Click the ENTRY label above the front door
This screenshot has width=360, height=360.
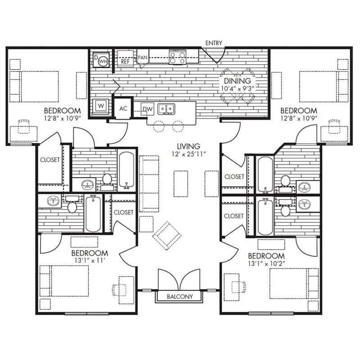(x=214, y=43)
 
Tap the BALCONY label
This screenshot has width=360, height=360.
(x=179, y=296)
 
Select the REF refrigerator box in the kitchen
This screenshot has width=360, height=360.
(x=125, y=59)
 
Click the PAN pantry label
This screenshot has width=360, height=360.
(x=142, y=58)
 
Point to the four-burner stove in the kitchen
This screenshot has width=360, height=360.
(x=177, y=57)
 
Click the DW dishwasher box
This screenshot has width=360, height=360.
(x=147, y=109)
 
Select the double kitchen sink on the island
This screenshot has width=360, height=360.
(x=166, y=109)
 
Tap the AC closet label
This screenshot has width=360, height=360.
(x=124, y=109)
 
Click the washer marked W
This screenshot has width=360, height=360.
(x=101, y=106)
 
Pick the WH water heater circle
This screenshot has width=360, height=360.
(x=104, y=61)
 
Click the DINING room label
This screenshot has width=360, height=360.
(x=237, y=81)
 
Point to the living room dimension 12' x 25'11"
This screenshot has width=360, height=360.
(x=188, y=154)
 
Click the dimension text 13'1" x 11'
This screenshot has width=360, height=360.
(x=90, y=261)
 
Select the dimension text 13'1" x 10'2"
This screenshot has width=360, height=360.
(x=266, y=263)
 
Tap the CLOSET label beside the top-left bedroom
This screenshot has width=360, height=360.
(x=50, y=160)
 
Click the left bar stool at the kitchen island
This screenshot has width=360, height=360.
(x=158, y=126)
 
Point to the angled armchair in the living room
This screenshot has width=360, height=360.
(x=167, y=235)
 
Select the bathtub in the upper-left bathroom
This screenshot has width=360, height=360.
(x=126, y=170)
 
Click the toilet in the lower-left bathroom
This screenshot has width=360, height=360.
(x=72, y=207)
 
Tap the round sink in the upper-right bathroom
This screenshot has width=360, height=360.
(x=305, y=187)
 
